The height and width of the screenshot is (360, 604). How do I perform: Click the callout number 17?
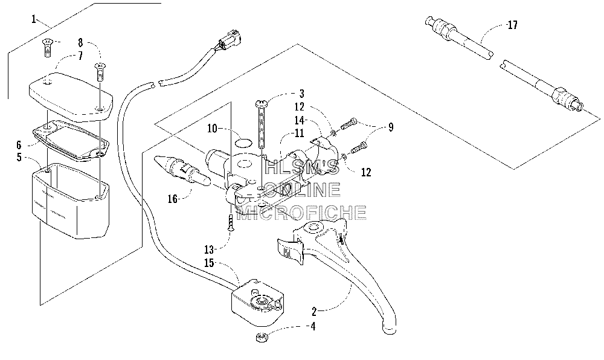[512, 25]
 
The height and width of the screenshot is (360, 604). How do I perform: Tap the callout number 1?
[34, 19]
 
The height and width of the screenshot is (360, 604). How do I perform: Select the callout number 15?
[209, 263]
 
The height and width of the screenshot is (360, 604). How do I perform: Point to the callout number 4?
[313, 327]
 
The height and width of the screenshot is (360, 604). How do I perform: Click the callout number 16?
[173, 199]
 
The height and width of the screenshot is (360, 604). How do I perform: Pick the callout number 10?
[212, 128]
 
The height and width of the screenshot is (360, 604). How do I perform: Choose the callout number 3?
[301, 94]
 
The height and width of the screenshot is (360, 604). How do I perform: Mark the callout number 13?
[209, 250]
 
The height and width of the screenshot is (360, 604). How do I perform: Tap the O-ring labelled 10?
[243, 143]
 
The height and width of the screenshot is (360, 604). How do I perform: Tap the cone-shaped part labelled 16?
[181, 170]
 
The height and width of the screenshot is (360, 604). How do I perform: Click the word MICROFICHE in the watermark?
[301, 213]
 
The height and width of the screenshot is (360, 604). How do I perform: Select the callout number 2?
[314, 311]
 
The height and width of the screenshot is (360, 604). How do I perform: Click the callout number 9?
[391, 127]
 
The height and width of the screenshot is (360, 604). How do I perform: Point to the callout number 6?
[19, 145]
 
